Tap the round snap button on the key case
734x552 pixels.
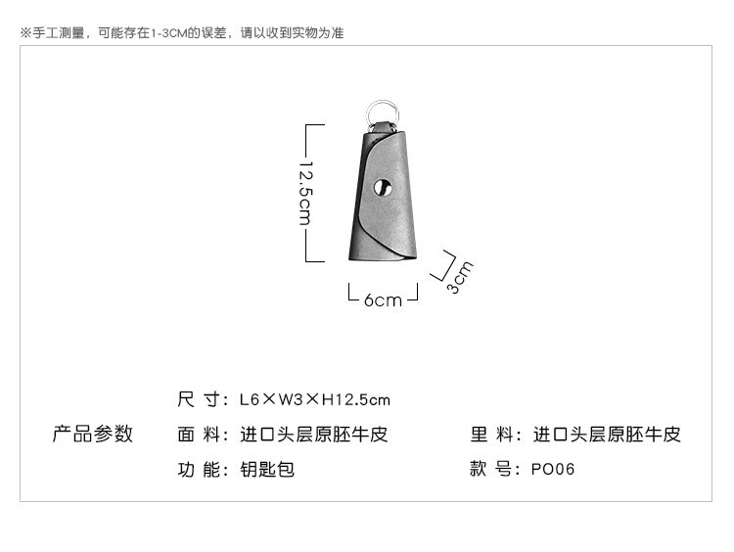pos(384,187)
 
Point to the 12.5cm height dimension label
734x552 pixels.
pos(305,193)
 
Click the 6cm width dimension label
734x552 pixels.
pos(383,300)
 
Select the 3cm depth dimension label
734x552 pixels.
pos(460,277)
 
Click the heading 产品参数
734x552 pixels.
pos(93,434)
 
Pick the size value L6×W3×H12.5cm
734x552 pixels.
pos(314,400)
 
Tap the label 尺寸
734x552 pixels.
pos(199,400)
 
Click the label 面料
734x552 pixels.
pos(199,435)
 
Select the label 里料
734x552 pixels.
pos(491,435)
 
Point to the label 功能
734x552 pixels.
pos(199,469)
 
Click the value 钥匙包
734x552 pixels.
pos(267,469)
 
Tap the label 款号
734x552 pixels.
pos(491,469)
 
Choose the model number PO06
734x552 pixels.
pos(553,469)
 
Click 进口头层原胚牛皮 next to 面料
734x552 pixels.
pos(314,435)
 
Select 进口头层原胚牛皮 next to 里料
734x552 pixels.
pos(607,435)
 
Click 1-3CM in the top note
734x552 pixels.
pos(169,33)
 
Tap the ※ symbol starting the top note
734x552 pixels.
pos(25,32)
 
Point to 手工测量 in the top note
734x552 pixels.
pos(58,32)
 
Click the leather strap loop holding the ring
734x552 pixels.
pos(383,127)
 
